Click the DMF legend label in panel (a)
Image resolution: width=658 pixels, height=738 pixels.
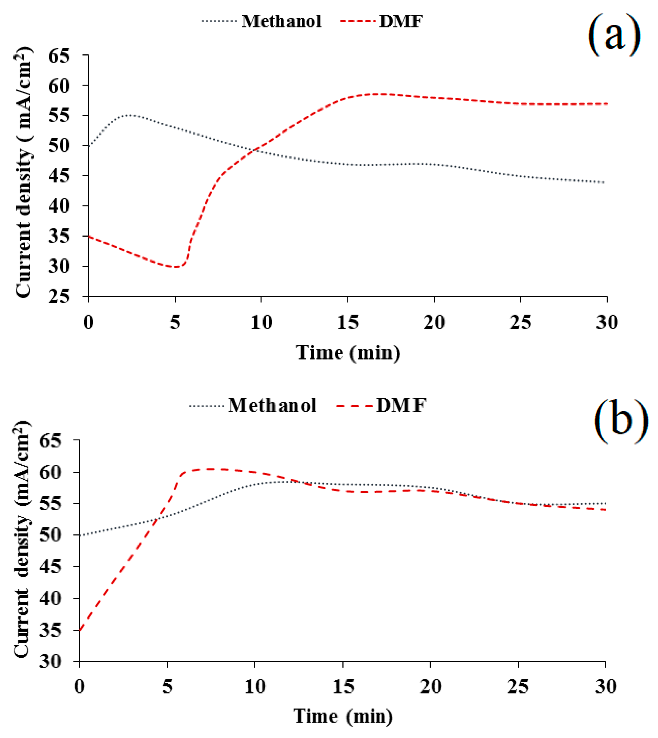tap(401, 22)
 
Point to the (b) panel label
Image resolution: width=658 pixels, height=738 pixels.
tap(620, 422)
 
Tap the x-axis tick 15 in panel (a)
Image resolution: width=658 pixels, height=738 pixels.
tap(348, 322)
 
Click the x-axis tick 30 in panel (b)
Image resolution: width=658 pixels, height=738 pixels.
tap(606, 687)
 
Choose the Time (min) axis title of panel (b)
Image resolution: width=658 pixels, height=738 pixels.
tap(343, 716)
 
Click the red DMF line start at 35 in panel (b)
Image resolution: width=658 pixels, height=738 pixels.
tap(79, 630)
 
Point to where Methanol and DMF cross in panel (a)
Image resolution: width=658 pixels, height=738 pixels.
tap(258, 150)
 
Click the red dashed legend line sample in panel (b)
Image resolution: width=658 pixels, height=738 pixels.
tap(354, 406)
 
